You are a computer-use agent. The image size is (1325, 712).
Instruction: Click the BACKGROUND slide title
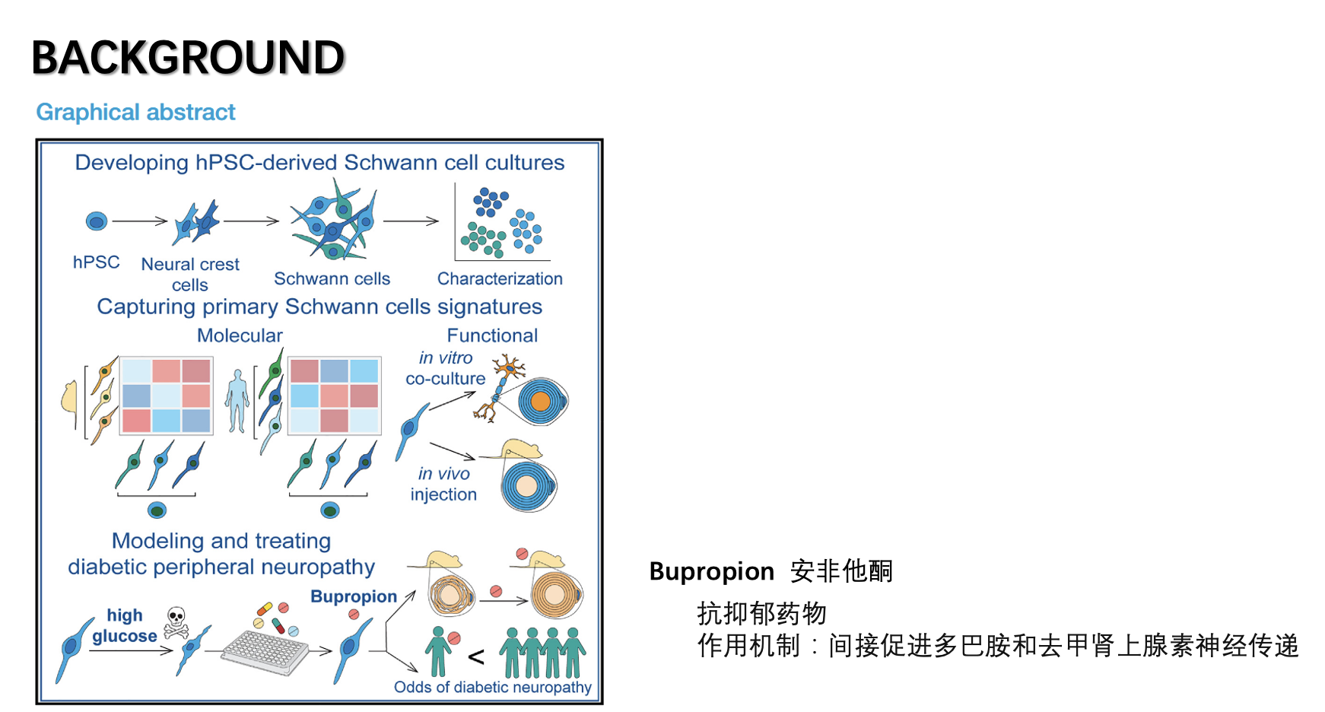click(x=188, y=58)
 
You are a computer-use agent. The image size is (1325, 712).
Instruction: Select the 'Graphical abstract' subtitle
click(x=135, y=113)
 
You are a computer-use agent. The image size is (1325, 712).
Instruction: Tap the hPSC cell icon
click(x=97, y=221)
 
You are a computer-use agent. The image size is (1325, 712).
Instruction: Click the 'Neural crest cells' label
click(x=190, y=274)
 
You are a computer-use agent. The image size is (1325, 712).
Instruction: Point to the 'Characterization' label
click(x=500, y=278)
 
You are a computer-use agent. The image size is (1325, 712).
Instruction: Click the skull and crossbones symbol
click(x=176, y=622)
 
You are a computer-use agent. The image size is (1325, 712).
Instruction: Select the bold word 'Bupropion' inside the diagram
click(x=354, y=596)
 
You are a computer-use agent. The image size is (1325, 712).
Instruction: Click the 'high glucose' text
click(x=125, y=625)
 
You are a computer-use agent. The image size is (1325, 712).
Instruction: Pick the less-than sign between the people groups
click(x=476, y=656)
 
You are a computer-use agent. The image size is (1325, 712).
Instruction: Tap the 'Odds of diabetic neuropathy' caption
click(x=492, y=688)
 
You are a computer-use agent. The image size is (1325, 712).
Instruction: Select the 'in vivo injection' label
click(x=443, y=484)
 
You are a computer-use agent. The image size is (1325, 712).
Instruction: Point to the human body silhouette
click(x=237, y=401)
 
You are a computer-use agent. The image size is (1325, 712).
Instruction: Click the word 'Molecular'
click(x=240, y=335)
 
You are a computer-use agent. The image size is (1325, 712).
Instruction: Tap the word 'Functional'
click(x=492, y=335)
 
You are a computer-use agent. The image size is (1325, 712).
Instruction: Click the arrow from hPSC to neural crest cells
click(x=140, y=221)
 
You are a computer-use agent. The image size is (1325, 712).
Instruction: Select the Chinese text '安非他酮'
click(x=841, y=571)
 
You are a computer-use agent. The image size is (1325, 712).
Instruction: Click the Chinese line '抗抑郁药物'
click(x=761, y=613)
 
